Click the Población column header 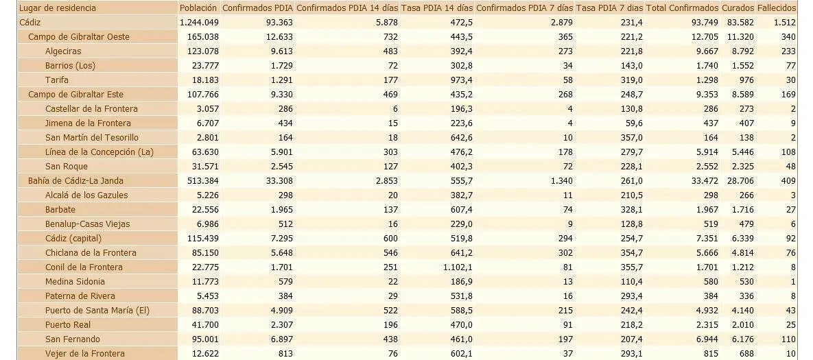198,8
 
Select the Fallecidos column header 776,8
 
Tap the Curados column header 738,8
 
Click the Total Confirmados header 683,8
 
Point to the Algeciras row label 63,51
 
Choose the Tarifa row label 56,80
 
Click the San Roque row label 67,167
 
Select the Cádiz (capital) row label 73,239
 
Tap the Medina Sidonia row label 75,282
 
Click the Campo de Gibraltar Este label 75,94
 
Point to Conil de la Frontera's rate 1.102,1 456,267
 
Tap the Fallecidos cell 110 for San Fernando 788,339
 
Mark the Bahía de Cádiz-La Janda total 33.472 703,181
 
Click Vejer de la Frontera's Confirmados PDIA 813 285,354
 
